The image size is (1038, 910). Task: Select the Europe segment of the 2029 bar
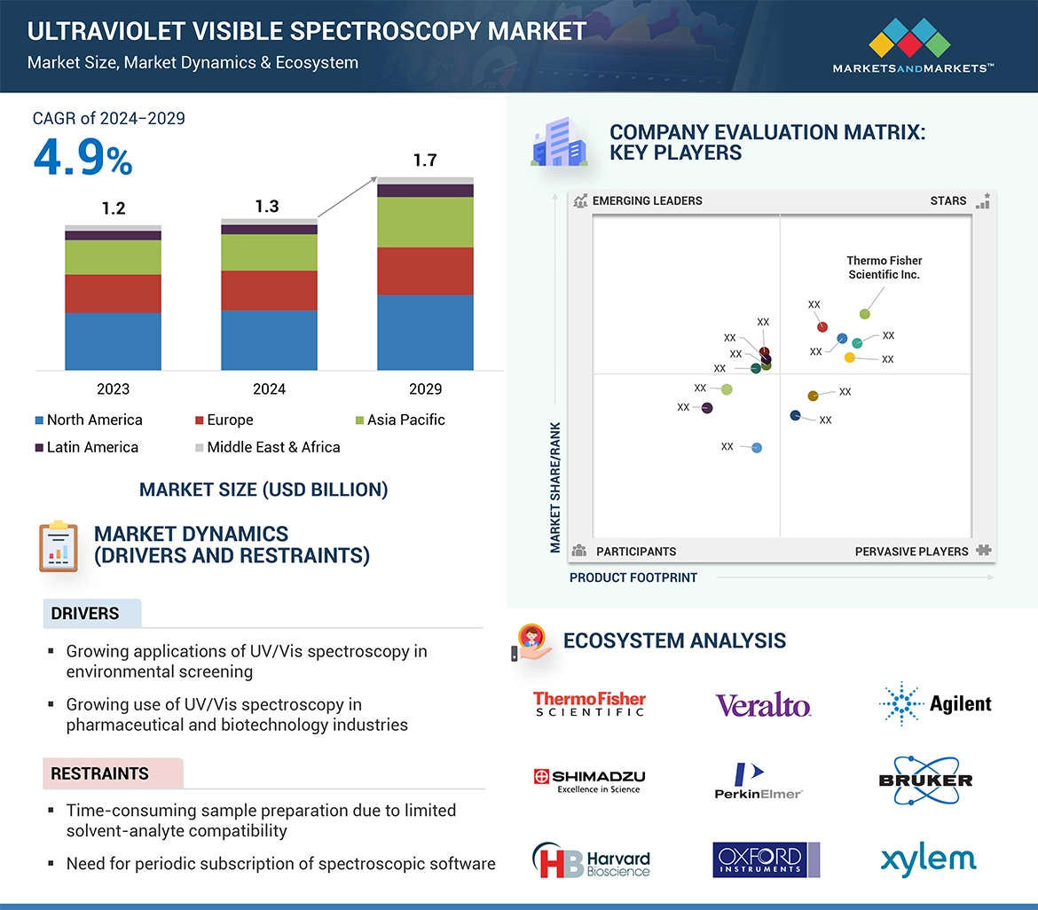(425, 271)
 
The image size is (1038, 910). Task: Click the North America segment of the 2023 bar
(113, 341)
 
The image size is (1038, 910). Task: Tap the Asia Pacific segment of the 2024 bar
(269, 252)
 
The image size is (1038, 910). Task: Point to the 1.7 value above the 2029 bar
(425, 161)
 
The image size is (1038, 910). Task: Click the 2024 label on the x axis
(269, 388)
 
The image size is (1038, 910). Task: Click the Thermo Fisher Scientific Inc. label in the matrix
(884, 267)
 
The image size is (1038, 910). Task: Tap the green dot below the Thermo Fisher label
(865, 314)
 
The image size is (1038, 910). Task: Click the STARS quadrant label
(948, 200)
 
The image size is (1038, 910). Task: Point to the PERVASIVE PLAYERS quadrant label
(911, 551)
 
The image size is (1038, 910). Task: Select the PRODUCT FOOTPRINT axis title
(633, 577)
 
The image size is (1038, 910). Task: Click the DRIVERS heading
(85, 614)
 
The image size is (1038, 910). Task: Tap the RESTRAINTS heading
(99, 773)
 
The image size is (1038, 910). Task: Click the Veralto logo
(763, 705)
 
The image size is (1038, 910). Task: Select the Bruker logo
(925, 780)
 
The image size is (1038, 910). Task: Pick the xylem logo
(928, 859)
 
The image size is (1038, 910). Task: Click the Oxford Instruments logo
(766, 859)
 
